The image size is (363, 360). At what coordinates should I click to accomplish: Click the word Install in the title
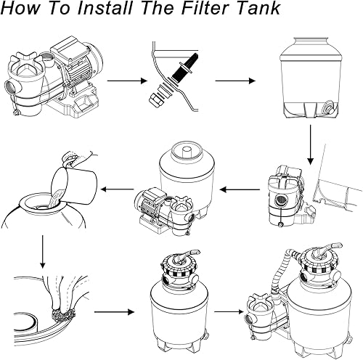tap(105, 8)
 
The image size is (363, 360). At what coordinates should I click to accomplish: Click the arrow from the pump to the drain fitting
tap(127, 81)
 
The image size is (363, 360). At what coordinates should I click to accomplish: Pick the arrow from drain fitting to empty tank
tap(235, 81)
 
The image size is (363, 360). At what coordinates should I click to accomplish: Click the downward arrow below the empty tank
tap(311, 144)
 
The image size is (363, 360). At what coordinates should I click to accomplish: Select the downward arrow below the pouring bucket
tap(43, 251)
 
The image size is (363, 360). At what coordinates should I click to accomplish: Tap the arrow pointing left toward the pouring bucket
tap(117, 189)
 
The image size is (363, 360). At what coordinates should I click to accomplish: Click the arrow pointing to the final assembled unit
tap(229, 311)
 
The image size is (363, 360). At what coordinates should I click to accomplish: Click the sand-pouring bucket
tap(74, 184)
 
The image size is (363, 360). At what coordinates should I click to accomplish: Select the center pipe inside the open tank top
tap(187, 152)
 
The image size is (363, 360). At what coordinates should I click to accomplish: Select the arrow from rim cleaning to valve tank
tap(114, 312)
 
